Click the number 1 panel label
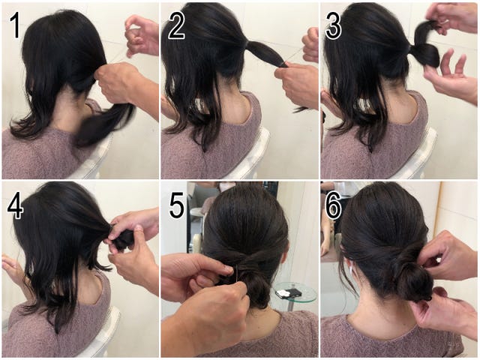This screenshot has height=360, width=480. click(x=15, y=26)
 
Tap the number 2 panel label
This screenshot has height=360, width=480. click(x=177, y=26)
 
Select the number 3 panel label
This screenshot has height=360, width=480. click(x=333, y=26)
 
